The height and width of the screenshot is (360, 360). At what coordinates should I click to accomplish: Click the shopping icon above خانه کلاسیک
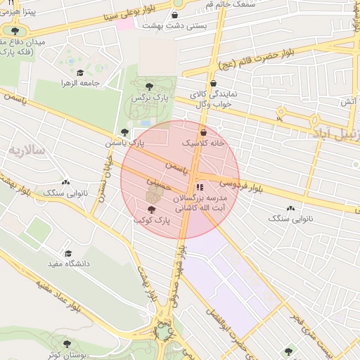(x=203, y=131)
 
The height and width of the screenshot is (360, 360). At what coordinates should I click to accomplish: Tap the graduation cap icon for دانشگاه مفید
(x=68, y=253)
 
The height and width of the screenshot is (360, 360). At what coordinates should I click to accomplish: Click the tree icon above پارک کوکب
(x=151, y=210)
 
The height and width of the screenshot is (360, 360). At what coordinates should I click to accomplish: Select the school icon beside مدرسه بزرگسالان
(x=199, y=188)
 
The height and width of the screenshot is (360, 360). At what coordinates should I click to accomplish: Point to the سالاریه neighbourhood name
(x=25, y=150)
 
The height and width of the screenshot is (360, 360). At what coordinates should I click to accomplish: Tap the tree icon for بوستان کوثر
(x=67, y=344)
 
